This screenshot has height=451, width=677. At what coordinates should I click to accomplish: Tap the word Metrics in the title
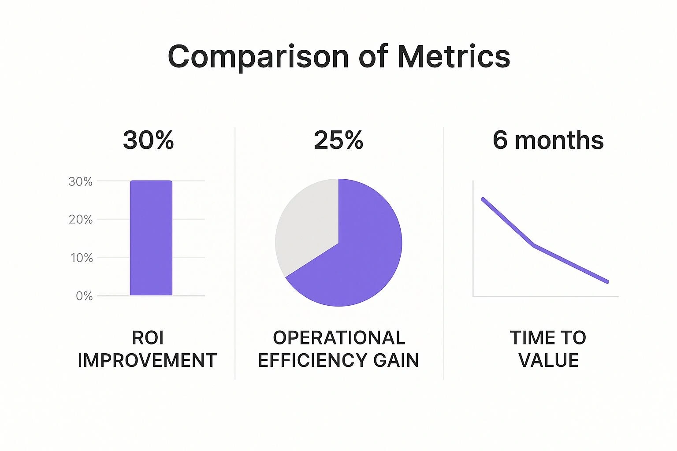[454, 57]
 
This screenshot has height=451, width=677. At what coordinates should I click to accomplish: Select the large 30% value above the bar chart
[148, 140]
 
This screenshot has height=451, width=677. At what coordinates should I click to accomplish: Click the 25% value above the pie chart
[338, 140]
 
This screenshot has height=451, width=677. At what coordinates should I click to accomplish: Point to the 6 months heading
[548, 140]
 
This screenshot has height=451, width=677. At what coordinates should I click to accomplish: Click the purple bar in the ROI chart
[151, 238]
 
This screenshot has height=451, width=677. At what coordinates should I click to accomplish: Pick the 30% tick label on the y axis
[81, 181]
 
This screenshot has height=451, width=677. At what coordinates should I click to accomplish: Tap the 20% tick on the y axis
[81, 219]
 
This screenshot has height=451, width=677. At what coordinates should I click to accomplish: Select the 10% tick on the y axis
[82, 258]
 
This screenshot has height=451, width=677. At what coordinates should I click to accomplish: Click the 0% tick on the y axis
[84, 296]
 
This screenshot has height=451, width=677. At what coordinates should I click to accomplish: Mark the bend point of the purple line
[534, 245]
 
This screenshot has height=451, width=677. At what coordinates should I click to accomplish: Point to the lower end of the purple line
[607, 281]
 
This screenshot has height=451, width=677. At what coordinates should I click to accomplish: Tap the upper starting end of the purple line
[483, 199]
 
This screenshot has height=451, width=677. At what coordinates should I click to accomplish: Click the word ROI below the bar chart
[148, 338]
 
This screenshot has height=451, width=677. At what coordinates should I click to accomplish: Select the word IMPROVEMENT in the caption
[147, 361]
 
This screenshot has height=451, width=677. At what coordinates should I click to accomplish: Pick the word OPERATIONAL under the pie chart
[338, 338]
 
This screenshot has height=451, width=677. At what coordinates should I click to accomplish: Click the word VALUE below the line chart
[548, 361]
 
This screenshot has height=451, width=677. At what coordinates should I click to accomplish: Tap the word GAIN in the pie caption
[396, 361]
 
